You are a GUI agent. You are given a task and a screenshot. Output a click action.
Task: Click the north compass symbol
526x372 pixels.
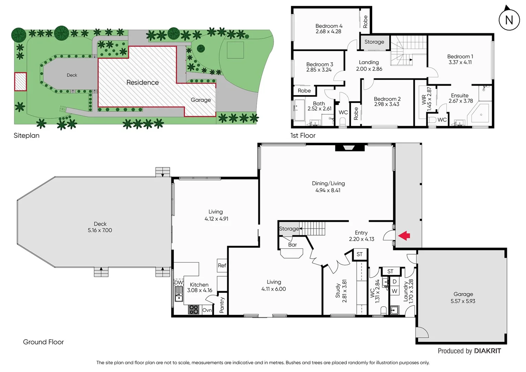(509, 20)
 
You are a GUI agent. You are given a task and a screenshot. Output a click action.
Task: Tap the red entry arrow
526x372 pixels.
(404, 236)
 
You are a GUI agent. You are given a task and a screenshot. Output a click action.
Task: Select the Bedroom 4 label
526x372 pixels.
(329, 26)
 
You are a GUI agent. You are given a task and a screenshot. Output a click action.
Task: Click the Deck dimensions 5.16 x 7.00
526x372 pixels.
(100, 230)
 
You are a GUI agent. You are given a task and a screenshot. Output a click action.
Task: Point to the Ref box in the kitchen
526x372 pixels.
(222, 266)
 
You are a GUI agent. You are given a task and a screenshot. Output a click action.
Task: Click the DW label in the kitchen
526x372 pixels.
(178, 282)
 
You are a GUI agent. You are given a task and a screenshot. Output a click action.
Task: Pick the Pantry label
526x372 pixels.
(222, 305)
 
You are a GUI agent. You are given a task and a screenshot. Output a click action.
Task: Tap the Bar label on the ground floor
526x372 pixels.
(292, 245)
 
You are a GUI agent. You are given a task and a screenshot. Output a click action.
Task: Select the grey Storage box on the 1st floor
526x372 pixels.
(374, 42)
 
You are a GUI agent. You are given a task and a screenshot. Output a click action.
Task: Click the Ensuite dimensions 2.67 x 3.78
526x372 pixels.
(461, 101)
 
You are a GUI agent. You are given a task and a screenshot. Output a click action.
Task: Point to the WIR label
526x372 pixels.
(424, 100)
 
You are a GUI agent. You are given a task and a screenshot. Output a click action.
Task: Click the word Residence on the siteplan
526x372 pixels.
(143, 83)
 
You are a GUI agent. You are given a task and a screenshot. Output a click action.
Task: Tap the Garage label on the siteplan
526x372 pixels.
(201, 100)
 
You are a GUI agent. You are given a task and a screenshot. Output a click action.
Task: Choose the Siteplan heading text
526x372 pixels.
(27, 136)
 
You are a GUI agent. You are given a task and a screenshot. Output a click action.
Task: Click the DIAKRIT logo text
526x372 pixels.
(487, 351)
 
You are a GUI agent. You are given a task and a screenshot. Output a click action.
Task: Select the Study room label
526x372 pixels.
(338, 291)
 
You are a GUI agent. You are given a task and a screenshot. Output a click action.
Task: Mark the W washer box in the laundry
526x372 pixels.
(394, 291)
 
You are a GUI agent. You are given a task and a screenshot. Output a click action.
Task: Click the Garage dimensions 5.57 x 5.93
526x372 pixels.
(463, 301)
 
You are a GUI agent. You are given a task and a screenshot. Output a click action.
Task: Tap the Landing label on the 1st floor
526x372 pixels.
(369, 62)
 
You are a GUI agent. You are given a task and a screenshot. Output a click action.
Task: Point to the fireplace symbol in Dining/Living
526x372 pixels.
(349, 148)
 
